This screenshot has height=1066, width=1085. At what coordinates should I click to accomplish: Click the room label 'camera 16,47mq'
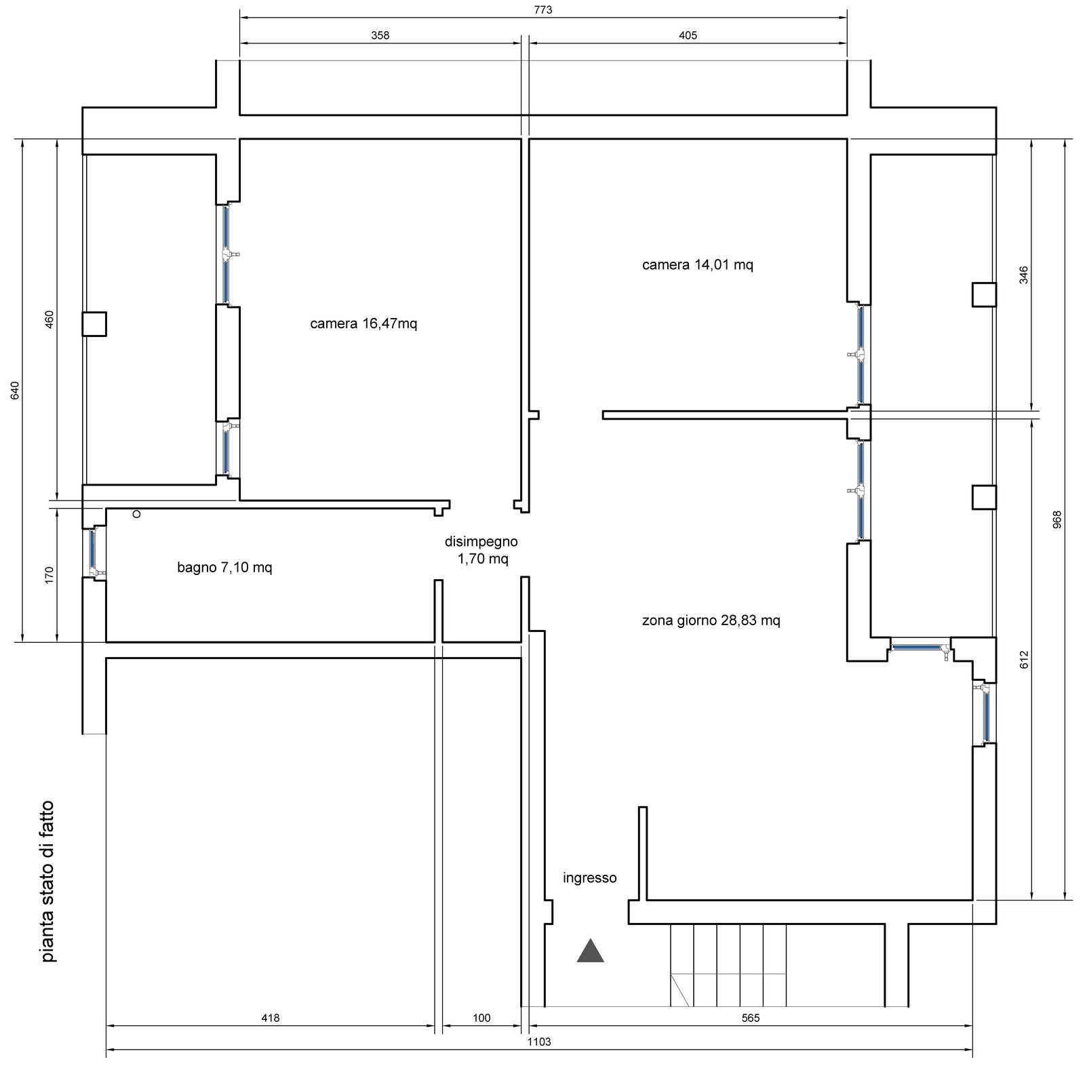pos(363,323)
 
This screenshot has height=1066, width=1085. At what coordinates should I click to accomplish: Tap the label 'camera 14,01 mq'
pos(697,264)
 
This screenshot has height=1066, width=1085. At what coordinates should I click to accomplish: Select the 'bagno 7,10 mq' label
pos(224,567)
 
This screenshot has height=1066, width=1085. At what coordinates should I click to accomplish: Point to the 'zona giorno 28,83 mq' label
pos(711,620)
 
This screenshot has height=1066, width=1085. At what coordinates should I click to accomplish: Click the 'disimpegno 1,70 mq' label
pos(481,550)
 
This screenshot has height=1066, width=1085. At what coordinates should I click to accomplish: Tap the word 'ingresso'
pos(589,877)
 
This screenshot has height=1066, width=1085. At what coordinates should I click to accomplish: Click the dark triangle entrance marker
pos(590,951)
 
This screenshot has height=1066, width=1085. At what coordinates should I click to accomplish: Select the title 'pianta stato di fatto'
pos(47,882)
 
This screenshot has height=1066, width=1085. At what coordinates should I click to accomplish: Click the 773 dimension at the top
pos(543,9)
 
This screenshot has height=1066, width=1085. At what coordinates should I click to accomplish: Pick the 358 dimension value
pos(380,35)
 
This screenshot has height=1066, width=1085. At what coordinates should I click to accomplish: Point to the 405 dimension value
pos(688,35)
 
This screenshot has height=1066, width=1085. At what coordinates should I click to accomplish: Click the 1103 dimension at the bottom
pos(539,1042)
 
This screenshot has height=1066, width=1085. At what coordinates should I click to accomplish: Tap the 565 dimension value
pos(751,1018)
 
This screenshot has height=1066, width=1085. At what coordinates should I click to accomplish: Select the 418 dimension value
pos(270,1018)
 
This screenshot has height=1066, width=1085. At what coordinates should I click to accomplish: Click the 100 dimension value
pos(481,1018)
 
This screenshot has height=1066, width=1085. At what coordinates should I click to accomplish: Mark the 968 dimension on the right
pos(1057,519)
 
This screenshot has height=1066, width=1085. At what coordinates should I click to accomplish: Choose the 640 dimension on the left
pos(16,390)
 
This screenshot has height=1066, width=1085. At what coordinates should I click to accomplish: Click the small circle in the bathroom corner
pos(136,514)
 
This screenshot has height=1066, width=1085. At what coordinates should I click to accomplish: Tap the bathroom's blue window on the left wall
pos(93,551)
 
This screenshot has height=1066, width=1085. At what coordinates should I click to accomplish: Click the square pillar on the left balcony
pos(94,323)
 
